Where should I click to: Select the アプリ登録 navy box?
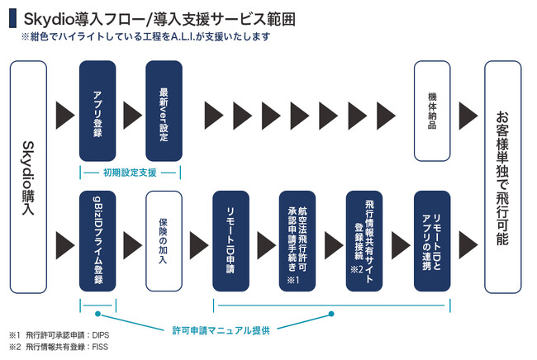click(97, 111)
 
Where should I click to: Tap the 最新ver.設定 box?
click(163, 111)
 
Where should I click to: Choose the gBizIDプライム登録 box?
click(97, 241)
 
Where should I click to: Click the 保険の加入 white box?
click(163, 241)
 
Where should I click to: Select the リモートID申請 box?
click(231, 241)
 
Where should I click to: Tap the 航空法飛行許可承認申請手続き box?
click(297, 241)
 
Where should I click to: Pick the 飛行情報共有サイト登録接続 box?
click(366, 241)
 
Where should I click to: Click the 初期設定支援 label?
click(130, 173)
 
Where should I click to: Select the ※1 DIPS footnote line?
click(59, 336)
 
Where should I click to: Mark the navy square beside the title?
click(12, 17)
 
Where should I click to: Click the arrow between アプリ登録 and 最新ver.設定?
click(131, 111)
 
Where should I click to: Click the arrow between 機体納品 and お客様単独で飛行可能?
click(468, 111)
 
